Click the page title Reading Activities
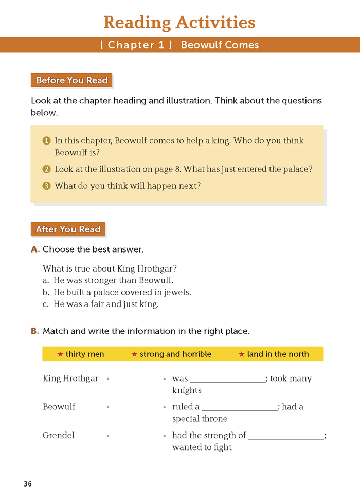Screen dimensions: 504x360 (179, 23)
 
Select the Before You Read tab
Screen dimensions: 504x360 (71, 80)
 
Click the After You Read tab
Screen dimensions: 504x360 (68, 229)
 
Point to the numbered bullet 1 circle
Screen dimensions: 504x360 (47, 141)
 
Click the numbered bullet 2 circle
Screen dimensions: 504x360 (47, 169)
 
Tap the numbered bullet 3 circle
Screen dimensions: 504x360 (47, 186)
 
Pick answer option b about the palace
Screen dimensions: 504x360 (117, 292)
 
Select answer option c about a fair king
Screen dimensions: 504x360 (101, 304)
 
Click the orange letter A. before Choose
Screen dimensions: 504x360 (35, 249)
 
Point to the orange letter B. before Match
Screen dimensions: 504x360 (35, 331)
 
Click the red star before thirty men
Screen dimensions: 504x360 (60, 354)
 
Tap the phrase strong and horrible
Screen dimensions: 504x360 (175, 354)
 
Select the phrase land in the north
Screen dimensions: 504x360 (278, 354)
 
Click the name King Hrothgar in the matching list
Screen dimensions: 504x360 (70, 379)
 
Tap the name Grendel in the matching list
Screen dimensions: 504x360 (59, 436)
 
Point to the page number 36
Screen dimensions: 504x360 (28, 484)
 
